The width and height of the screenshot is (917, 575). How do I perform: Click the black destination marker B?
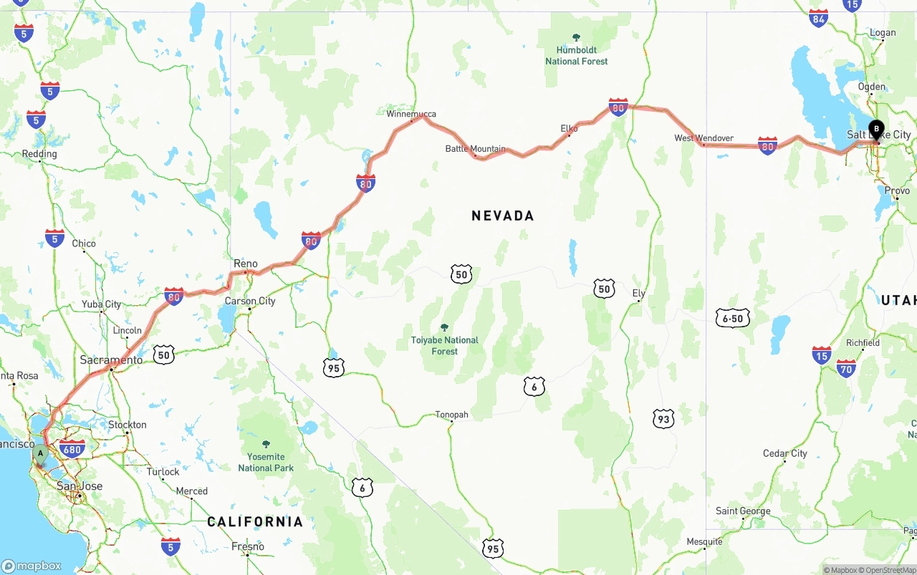coord(877,130)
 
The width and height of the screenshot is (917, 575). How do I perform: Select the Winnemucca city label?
coord(411,114)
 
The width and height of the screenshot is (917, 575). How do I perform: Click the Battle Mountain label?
coord(475,149)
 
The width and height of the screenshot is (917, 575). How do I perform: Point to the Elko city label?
coord(569,129)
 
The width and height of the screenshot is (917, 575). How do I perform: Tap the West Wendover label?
coord(704,138)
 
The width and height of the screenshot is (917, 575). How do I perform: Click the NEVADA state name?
coord(502,216)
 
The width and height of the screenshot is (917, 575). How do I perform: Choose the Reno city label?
coord(246,264)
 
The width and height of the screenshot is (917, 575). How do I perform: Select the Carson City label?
coord(250,301)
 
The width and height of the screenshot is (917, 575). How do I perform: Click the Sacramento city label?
coord(111,360)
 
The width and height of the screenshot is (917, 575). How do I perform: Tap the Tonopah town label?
coord(451,415)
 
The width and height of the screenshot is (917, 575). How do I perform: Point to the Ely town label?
coord(639,294)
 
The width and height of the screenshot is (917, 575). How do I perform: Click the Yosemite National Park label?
coord(266,462)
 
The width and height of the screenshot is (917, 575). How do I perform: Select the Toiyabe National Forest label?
coord(444,345)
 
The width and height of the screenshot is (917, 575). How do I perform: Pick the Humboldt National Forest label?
coord(576,55)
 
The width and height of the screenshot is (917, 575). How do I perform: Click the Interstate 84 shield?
coord(818,19)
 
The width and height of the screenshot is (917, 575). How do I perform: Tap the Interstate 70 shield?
coord(846,368)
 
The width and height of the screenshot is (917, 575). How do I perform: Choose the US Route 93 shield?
coord(663,419)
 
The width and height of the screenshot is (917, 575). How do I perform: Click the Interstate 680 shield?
coord(72,450)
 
